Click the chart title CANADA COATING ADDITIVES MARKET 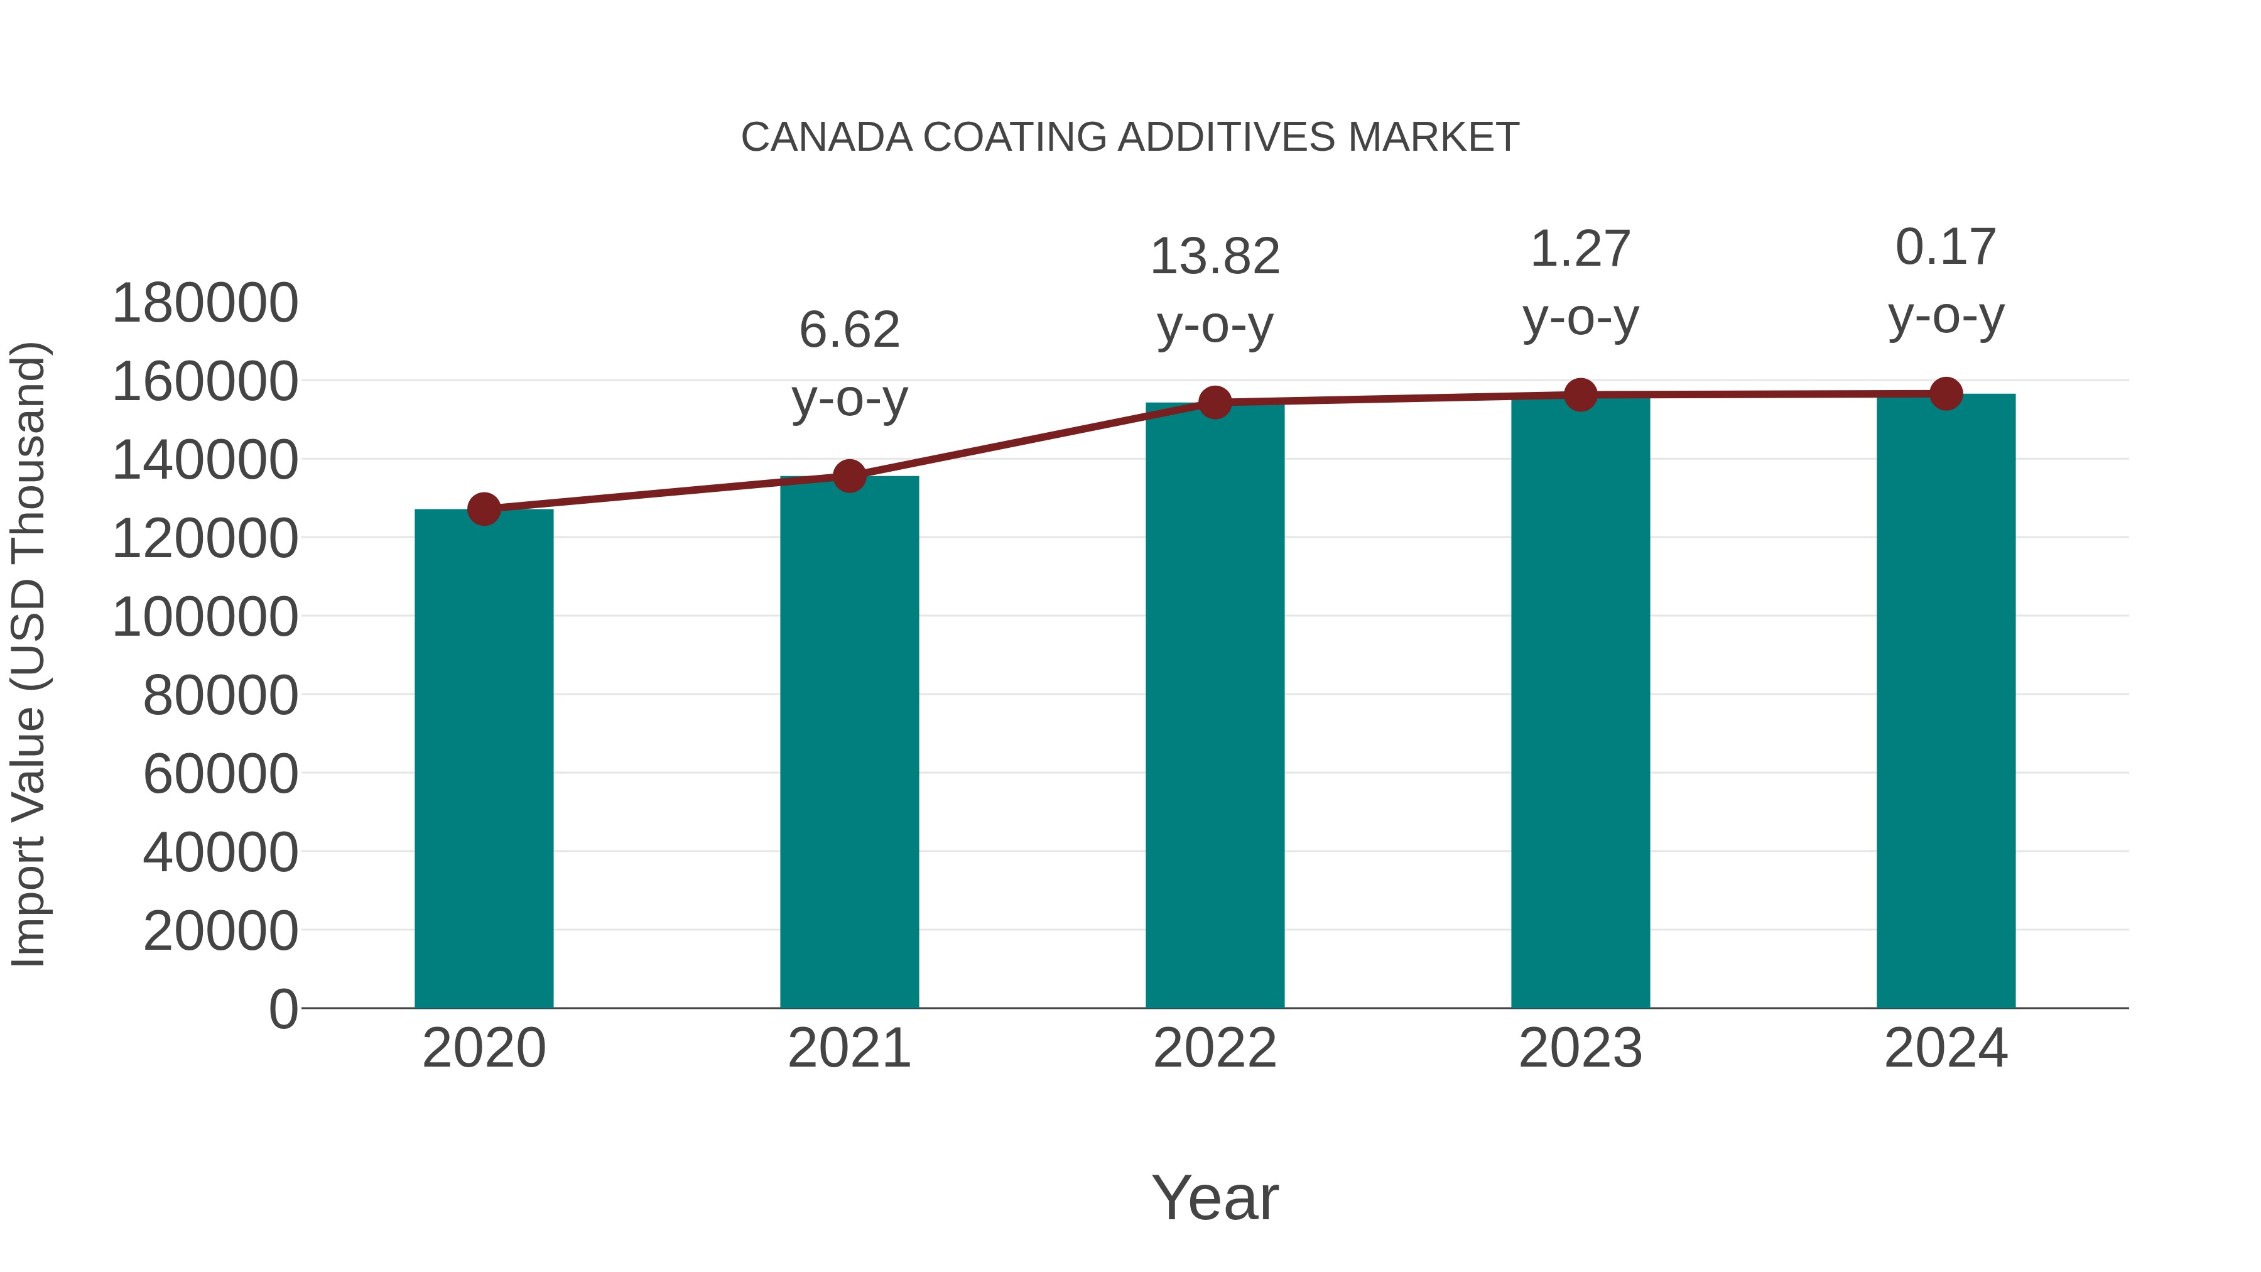tap(1130, 138)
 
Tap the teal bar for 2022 tap(1215, 707)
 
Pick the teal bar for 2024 tap(1946, 702)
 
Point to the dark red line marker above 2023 tap(1581, 395)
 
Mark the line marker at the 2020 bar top tap(484, 509)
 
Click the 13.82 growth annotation tap(1215, 257)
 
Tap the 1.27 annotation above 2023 tap(1581, 249)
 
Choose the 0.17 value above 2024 tap(1946, 247)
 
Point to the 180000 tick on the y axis tap(205, 304)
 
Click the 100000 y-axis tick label tap(205, 617)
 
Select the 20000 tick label tap(220, 930)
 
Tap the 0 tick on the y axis tap(283, 1009)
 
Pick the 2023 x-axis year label tap(1581, 1048)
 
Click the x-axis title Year tap(1215, 1197)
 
